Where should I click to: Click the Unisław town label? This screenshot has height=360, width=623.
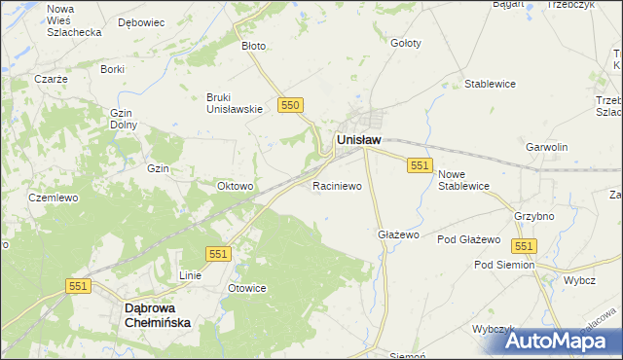[358, 140]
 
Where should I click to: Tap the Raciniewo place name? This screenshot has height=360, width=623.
[337, 184]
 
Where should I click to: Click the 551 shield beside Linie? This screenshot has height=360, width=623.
[218, 254]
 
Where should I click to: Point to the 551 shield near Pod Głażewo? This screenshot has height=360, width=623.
[525, 247]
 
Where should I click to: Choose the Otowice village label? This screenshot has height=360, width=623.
[246, 289]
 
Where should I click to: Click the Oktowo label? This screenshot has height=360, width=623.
[235, 186]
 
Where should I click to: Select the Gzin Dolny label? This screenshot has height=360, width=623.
[123, 119]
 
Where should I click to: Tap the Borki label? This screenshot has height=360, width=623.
[112, 69]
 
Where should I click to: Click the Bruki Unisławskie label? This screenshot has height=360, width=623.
[235, 102]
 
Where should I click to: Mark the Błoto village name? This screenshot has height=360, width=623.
[253, 45]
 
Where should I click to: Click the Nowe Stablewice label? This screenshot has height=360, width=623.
[462, 180]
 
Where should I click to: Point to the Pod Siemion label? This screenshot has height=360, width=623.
[504, 265]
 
